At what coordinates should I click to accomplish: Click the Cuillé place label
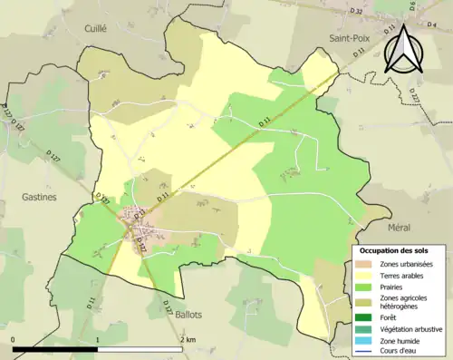tap(95, 28)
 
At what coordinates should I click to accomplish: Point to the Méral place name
tap(398, 226)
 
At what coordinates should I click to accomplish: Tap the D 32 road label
tap(357, 12)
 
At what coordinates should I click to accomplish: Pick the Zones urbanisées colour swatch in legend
tap(362, 263)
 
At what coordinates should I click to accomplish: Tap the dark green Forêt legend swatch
tap(362, 316)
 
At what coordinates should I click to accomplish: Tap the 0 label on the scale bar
tap(13, 339)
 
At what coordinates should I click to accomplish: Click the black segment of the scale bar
tap(55, 349)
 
